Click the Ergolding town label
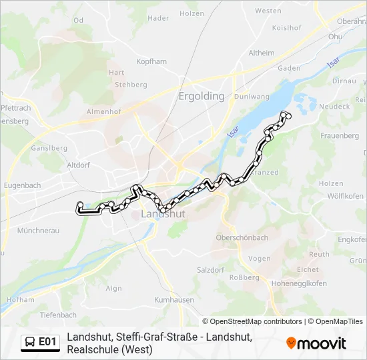point(202,96)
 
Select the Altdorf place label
point(79,163)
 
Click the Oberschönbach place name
point(242,237)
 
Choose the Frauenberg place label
point(340,135)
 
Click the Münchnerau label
point(39,230)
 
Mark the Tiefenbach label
point(58,315)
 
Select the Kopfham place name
point(151,61)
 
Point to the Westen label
point(268,11)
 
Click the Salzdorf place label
point(210,270)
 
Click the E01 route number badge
point(47,342)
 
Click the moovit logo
point(316,343)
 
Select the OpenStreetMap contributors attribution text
point(252,321)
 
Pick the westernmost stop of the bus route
point(80,205)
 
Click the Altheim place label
point(261,53)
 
